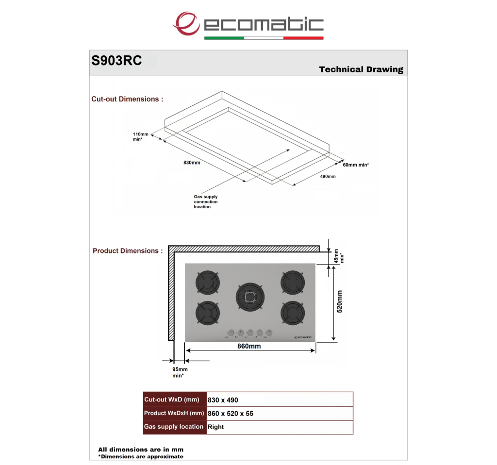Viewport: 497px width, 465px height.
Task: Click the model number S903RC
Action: [x=116, y=61]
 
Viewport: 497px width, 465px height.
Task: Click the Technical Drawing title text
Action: [x=361, y=69]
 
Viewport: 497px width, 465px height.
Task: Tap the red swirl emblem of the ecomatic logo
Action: [x=186, y=23]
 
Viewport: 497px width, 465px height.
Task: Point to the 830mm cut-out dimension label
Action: [x=192, y=163]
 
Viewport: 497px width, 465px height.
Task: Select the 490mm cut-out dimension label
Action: [x=328, y=176]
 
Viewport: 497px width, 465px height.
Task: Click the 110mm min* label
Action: [x=140, y=136]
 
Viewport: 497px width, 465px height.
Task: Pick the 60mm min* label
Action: [x=356, y=165]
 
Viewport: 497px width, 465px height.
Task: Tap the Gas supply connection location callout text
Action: [x=206, y=201]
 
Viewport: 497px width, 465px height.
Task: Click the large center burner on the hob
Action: [x=250, y=297]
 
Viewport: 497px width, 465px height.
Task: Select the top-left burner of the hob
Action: [x=208, y=283]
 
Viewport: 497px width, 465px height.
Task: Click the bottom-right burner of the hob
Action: [x=293, y=313]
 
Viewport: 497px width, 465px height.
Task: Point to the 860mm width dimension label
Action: [x=249, y=346]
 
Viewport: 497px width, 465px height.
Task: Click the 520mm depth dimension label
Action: [x=339, y=301]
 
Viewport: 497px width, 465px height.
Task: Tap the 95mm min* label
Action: [x=180, y=372]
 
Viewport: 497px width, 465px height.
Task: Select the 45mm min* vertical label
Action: [x=338, y=256]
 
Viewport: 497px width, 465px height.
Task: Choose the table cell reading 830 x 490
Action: [x=223, y=400]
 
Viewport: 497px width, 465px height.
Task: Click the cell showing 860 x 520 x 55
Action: [x=231, y=414]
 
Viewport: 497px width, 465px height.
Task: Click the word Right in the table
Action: [x=215, y=427]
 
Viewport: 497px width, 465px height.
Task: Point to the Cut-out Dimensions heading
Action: [x=128, y=99]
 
